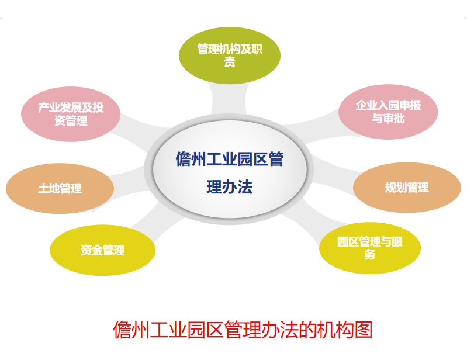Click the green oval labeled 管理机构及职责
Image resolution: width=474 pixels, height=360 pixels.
click(230, 56)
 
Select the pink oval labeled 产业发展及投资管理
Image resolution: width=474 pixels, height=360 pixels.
click(71, 115)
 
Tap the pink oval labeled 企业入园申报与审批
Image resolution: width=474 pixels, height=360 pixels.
click(388, 112)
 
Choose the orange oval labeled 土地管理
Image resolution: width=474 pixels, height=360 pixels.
click(60, 189)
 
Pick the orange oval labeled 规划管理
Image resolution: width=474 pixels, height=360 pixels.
click(407, 188)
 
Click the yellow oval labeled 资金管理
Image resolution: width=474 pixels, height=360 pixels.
click(102, 250)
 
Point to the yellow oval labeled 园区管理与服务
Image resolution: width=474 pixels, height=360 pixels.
click(370, 248)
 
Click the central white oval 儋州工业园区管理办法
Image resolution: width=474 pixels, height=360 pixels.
click(230, 169)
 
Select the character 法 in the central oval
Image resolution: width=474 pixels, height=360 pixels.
click(245, 187)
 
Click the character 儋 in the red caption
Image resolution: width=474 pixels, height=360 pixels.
click(122, 330)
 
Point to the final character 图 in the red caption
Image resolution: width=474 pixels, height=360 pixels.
click(364, 330)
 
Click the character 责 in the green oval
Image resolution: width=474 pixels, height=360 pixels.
click(230, 63)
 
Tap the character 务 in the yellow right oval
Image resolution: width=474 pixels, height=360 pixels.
click(370, 255)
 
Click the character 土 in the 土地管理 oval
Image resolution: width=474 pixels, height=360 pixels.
click(43, 189)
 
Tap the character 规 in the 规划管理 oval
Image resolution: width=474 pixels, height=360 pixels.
click(390, 188)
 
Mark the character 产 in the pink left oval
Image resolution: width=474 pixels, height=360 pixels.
click(44, 108)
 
